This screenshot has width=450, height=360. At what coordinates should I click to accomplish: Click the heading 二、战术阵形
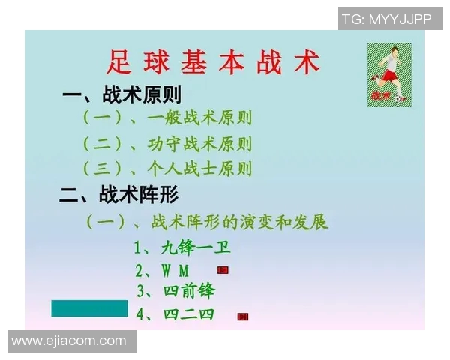[119, 195]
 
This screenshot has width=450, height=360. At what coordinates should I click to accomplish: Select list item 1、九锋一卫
[177, 247]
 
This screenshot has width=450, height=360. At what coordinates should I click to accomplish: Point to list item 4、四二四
[175, 313]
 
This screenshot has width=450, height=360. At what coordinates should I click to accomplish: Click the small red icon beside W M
[223, 270]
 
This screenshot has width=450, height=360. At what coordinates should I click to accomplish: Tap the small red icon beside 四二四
[242, 316]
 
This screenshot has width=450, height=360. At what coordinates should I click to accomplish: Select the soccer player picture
[389, 74]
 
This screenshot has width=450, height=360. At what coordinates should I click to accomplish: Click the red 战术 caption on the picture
[380, 95]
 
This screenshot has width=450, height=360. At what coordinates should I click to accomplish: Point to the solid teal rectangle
[89, 307]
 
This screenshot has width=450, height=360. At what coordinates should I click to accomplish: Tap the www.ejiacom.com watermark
[69, 341]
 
